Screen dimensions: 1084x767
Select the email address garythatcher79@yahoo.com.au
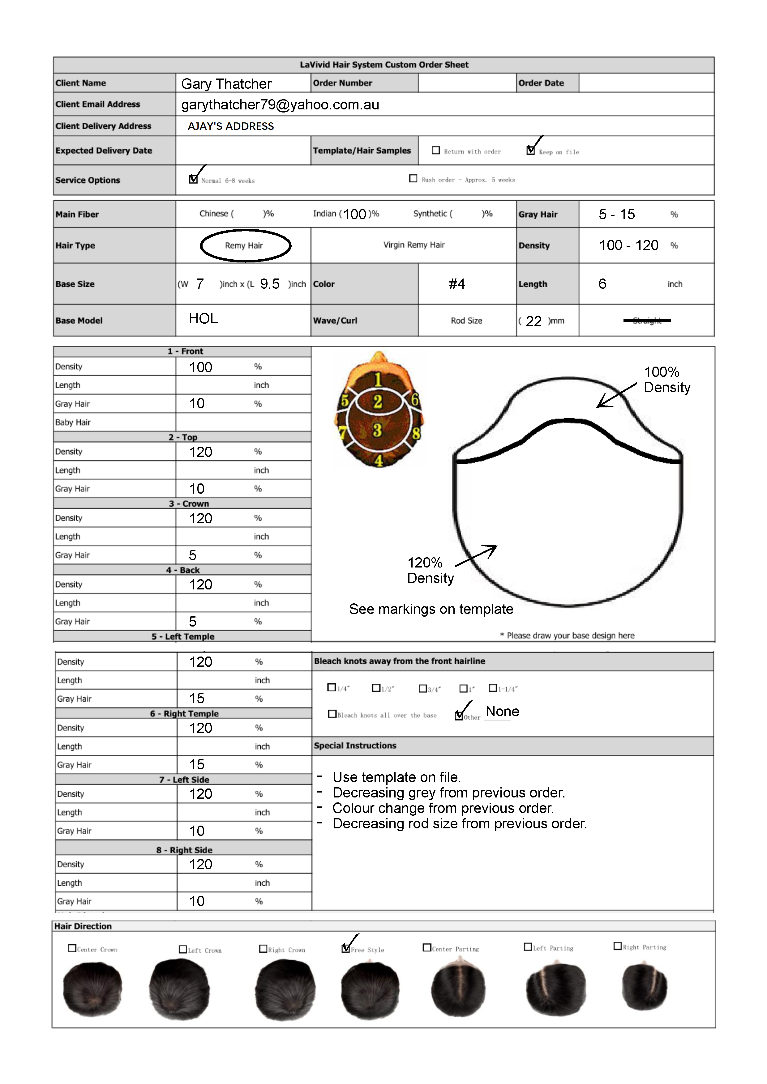[x=280, y=105]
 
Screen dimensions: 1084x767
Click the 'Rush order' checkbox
[x=413, y=178]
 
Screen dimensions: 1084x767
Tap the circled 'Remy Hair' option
[x=244, y=245]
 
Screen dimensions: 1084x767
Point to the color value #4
[x=457, y=284]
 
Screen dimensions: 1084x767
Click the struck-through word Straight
[x=647, y=321]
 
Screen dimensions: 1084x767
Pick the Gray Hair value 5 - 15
[x=617, y=214]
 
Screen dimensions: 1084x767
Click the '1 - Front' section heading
[x=185, y=351]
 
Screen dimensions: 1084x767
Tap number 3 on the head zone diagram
[x=377, y=430]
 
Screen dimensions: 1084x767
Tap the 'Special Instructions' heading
[x=355, y=746]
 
